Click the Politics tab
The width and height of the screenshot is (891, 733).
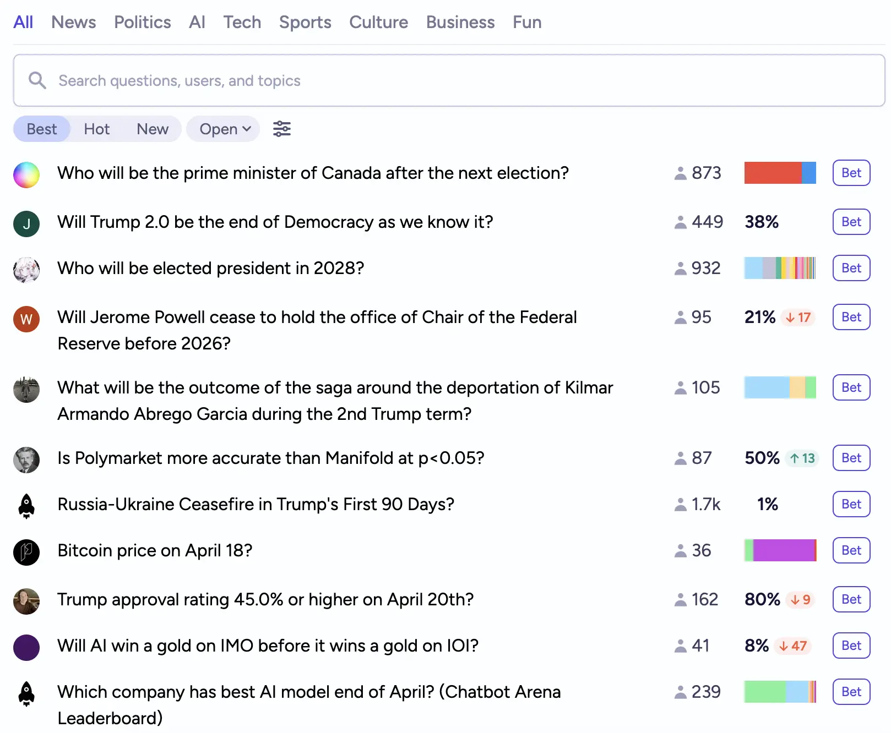click(x=142, y=22)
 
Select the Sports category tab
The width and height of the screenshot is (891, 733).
click(x=305, y=22)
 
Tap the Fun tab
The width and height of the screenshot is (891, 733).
click(x=527, y=22)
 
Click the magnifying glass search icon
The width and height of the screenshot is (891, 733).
click(x=37, y=80)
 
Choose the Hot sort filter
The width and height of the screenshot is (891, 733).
click(x=96, y=129)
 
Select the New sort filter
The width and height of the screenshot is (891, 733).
click(x=153, y=129)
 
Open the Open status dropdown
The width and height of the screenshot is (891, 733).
click(x=224, y=129)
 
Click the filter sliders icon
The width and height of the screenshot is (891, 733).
click(x=282, y=129)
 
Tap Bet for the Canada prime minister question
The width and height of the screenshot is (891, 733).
click(x=851, y=173)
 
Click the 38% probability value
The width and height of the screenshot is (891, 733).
click(x=762, y=222)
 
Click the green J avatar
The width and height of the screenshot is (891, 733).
click(x=26, y=224)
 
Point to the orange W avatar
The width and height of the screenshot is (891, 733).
click(x=26, y=319)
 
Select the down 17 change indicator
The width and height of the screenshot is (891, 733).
click(x=798, y=318)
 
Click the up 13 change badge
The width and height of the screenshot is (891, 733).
click(x=802, y=458)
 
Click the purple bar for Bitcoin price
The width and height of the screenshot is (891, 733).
click(x=783, y=550)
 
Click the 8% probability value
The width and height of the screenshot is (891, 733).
click(x=757, y=646)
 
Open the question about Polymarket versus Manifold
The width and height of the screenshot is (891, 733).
click(x=270, y=458)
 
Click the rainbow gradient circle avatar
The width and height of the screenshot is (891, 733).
click(x=26, y=175)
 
